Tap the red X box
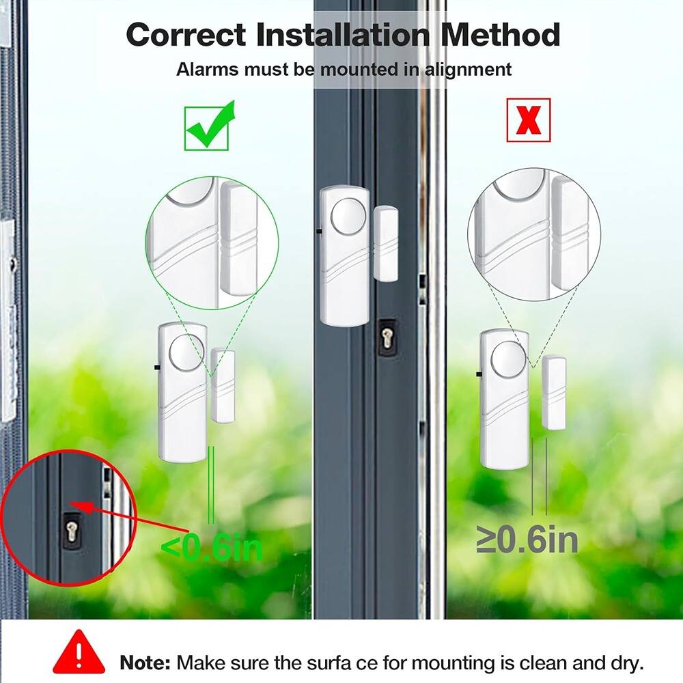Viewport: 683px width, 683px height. click(528, 120)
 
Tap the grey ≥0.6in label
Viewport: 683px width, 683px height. click(527, 540)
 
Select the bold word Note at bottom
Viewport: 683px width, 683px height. click(145, 662)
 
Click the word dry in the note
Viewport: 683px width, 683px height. click(624, 662)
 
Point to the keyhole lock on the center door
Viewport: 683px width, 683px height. click(389, 337)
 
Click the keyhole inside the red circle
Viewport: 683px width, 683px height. click(71, 530)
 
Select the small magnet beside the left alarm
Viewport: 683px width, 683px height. click(223, 385)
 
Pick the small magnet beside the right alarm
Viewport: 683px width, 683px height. click(554, 392)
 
